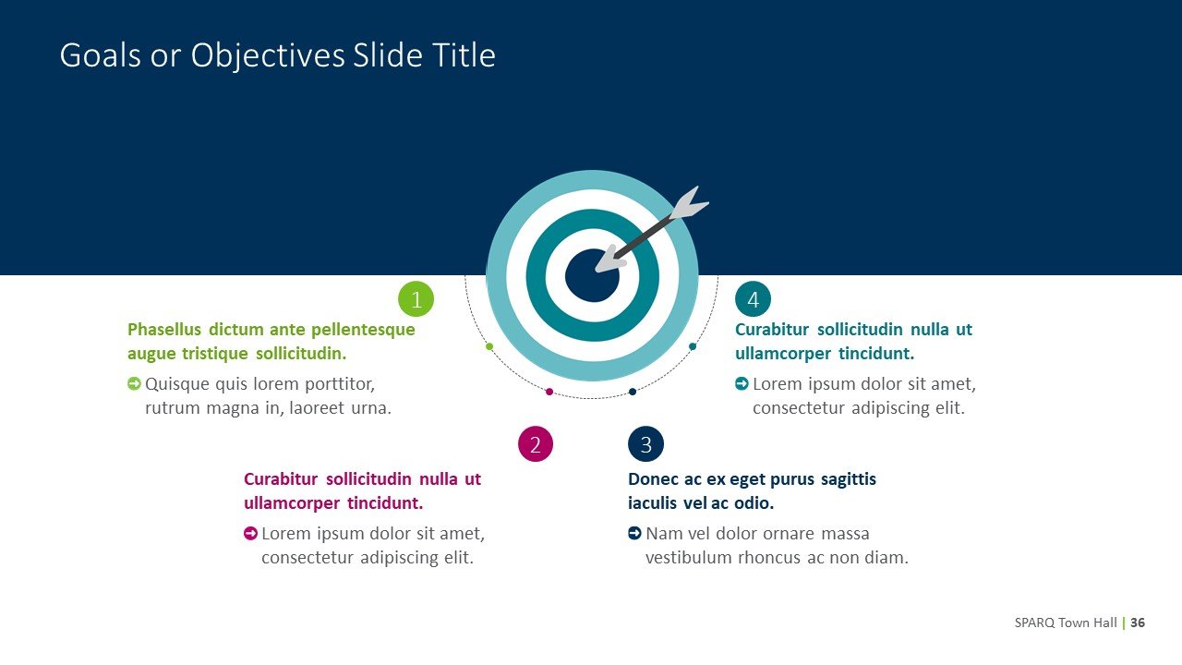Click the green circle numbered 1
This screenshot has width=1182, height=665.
[x=416, y=299]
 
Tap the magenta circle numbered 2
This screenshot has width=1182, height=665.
[x=536, y=444]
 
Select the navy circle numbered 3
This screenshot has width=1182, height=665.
[x=646, y=444]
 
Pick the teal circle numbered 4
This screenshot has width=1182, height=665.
[x=753, y=299]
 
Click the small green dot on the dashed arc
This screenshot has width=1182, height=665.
[x=489, y=346]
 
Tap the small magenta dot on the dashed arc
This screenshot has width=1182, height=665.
[x=549, y=392]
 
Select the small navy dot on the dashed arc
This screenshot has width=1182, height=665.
[x=633, y=392]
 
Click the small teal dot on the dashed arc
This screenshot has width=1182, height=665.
[x=693, y=346]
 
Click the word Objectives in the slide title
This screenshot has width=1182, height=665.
[x=268, y=56]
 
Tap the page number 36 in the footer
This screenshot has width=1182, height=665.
[x=1138, y=623]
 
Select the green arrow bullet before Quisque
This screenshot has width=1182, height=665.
[x=134, y=383]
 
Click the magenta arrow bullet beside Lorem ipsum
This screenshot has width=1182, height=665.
[x=250, y=533]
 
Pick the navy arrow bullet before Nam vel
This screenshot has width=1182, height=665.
[x=634, y=533]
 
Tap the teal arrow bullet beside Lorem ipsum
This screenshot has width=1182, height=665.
[x=742, y=383]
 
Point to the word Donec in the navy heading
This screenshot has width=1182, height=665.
[x=650, y=479]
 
